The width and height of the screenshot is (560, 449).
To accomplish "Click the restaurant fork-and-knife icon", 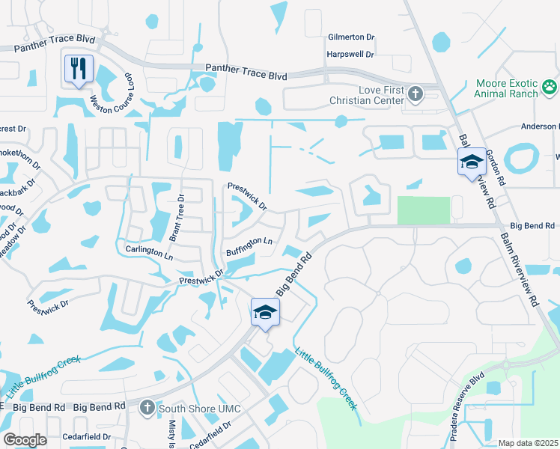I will [x=79, y=68].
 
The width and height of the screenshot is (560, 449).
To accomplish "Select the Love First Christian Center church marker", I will [x=416, y=94].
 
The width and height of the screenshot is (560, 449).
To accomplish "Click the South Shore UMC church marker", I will [x=147, y=407].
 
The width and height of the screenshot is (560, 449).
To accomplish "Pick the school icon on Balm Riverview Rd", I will [x=472, y=162].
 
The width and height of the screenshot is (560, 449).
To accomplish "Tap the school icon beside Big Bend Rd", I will [x=265, y=311].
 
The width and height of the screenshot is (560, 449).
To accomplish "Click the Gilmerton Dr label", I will [x=350, y=37].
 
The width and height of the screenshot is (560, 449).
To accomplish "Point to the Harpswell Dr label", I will [x=350, y=55].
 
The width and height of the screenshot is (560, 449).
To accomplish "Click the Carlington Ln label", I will [x=149, y=251].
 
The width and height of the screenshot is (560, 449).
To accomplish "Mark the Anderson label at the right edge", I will [x=537, y=126].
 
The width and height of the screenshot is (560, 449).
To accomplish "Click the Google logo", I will [x=25, y=440].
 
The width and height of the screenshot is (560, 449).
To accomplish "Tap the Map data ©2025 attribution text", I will [x=528, y=443].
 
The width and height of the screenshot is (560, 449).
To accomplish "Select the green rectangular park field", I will [x=424, y=210].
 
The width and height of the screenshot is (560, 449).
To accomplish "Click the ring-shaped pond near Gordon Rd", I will [x=521, y=158].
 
